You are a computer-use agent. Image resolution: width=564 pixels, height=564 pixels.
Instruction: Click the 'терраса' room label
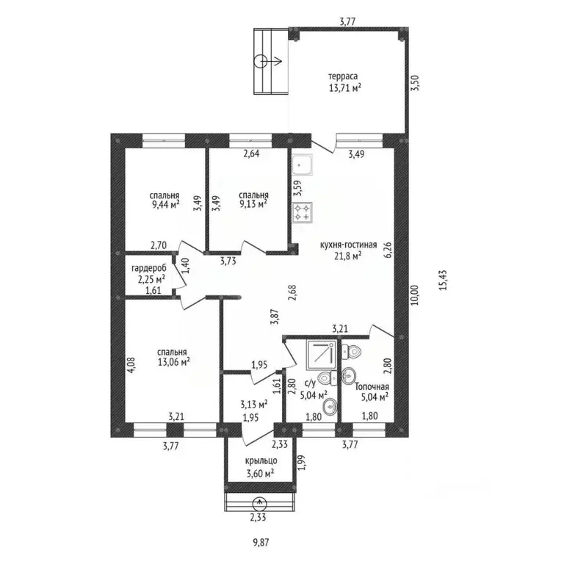click(343, 76)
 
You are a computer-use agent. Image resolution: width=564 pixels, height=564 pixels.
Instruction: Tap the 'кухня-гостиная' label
click(349, 245)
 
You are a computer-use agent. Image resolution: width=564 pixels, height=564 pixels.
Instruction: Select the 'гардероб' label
click(149, 269)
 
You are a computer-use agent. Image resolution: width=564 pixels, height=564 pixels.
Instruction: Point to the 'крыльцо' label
click(261, 461)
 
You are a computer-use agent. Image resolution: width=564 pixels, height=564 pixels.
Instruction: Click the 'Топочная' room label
click(372, 387)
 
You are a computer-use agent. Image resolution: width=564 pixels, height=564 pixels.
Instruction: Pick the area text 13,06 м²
click(174, 362)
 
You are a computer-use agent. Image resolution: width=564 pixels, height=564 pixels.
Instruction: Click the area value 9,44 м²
click(165, 205)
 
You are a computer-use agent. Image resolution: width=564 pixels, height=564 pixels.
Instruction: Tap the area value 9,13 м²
click(253, 204)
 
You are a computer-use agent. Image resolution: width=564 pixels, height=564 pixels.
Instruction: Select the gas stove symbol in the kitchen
click(303, 212)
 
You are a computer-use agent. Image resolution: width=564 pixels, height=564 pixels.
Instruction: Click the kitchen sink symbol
click(302, 165)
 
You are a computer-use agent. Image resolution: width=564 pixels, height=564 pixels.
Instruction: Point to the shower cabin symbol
click(321, 355)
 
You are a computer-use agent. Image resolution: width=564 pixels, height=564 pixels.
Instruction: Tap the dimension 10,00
click(415, 295)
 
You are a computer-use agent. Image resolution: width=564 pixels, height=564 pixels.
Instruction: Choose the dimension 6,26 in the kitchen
click(388, 249)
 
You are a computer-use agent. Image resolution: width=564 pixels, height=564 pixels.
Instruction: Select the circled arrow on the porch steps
click(260, 504)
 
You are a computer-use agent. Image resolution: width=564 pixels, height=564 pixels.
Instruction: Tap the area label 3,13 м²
click(254, 405)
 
